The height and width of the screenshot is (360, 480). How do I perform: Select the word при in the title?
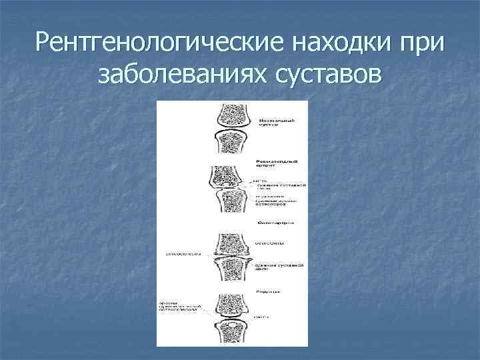[418, 45]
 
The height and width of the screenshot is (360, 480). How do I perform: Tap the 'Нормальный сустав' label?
[273, 121]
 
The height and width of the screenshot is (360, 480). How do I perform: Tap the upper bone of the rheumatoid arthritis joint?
[231, 177]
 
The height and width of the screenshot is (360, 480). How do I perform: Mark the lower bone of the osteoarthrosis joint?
[231, 273]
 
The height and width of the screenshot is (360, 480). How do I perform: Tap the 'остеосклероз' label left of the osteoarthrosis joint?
[183, 254]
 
